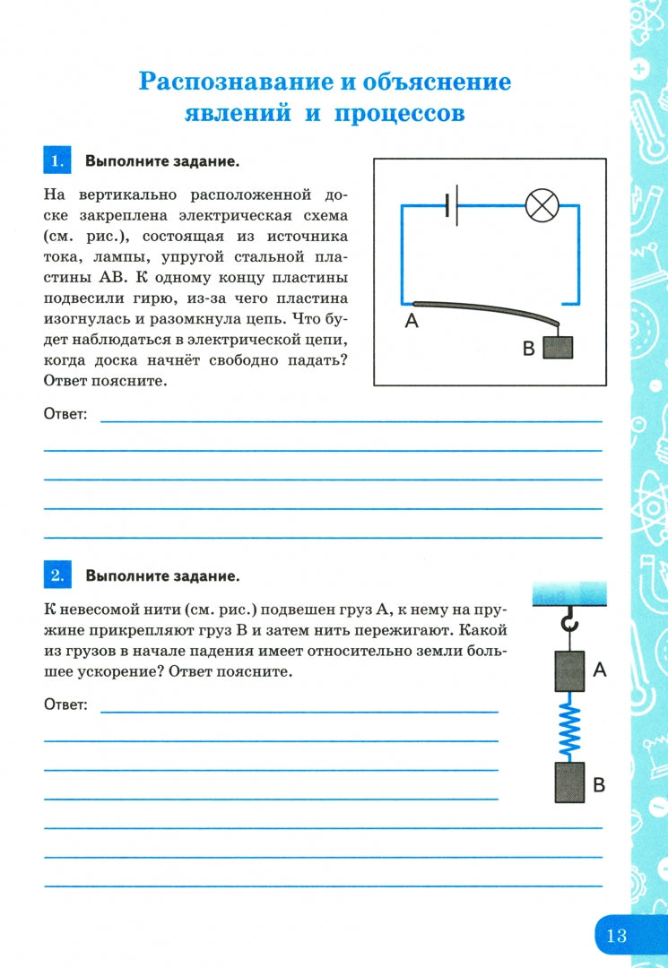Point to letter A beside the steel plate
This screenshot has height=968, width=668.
[412, 321]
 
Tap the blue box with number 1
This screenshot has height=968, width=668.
[56, 161]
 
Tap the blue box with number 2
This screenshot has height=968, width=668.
[56, 575]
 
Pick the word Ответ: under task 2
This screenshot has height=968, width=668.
[65, 704]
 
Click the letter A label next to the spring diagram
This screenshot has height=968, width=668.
[600, 669]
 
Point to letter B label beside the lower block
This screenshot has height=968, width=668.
[600, 786]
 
